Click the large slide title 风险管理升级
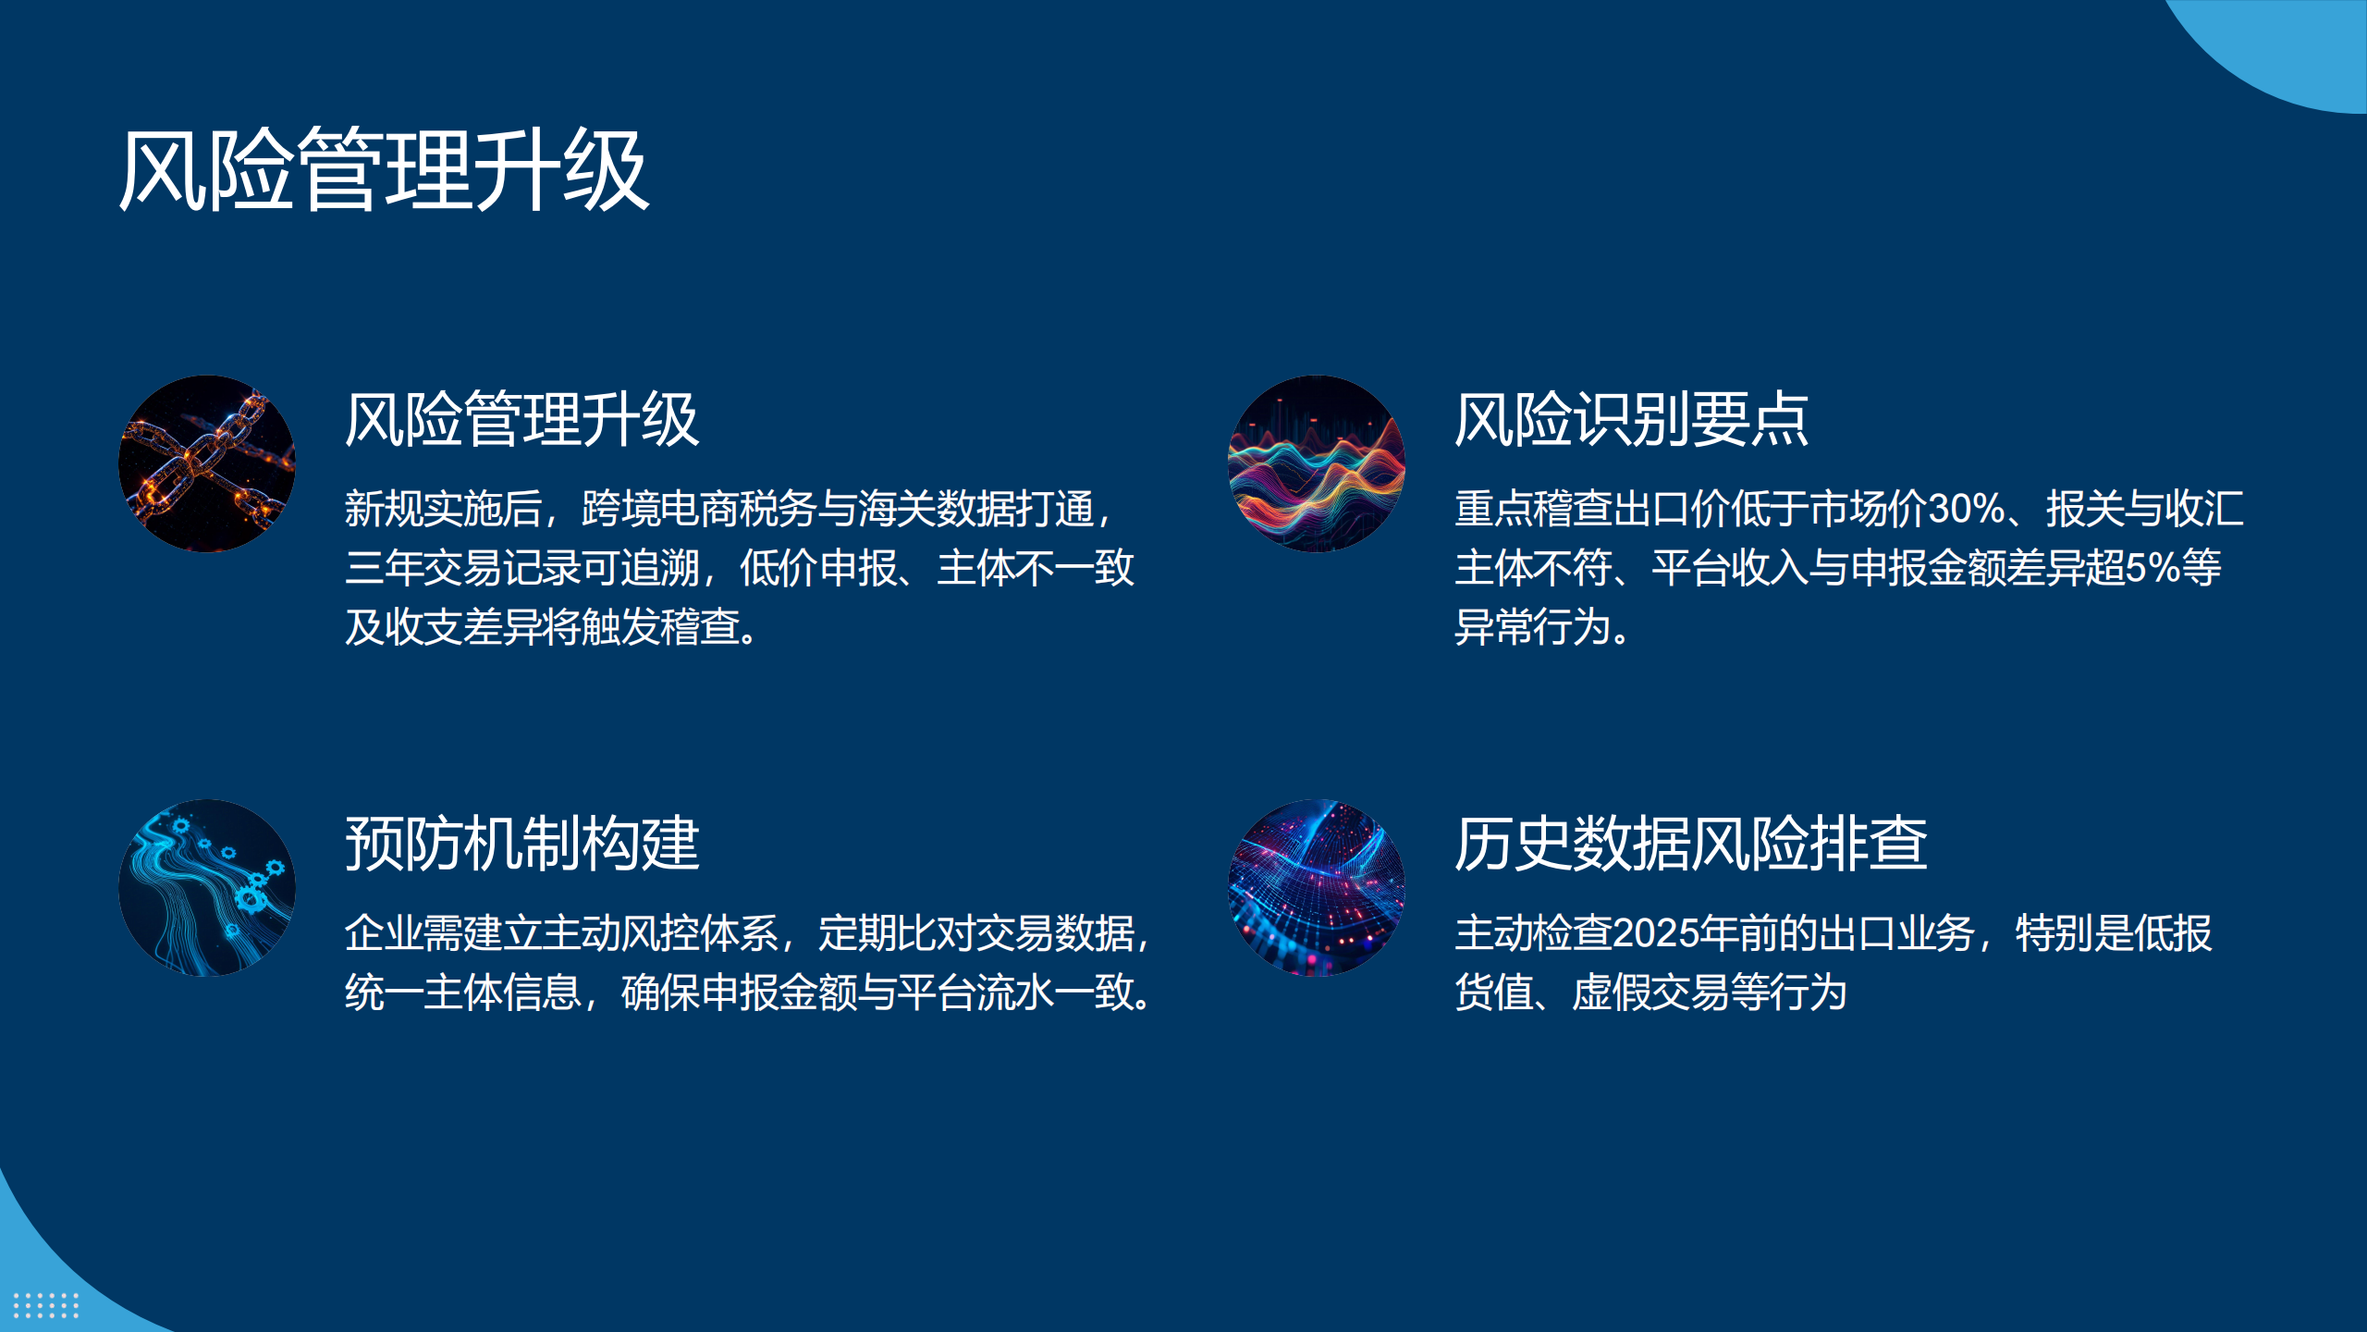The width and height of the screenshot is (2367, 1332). [384, 170]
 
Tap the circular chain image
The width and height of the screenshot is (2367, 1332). [207, 463]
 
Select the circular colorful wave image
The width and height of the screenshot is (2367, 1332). [1316, 463]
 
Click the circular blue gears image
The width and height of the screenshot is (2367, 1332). [207, 887]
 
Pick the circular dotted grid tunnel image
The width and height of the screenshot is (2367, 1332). [1316, 887]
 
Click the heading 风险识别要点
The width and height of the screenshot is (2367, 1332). [1631, 420]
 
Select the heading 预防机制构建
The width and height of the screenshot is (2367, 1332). [522, 844]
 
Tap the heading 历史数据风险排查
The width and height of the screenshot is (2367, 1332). [1691, 844]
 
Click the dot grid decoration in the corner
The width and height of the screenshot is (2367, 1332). [46, 1305]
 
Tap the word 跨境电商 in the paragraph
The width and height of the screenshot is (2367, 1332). [660, 509]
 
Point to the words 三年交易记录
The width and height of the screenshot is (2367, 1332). [462, 568]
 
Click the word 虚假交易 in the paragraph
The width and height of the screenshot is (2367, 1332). [1650, 993]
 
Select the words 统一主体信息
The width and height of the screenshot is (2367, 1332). [462, 993]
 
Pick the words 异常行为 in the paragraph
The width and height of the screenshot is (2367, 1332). [1533, 627]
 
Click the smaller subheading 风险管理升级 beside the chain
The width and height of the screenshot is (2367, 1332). [522, 420]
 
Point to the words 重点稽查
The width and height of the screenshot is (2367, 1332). [1533, 509]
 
